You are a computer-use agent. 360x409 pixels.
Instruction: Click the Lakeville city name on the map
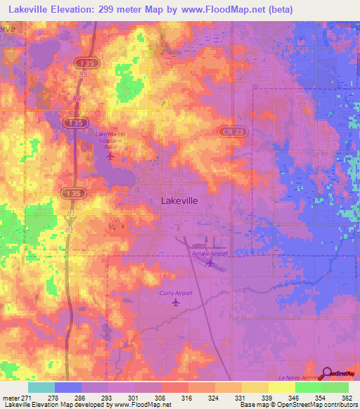179,200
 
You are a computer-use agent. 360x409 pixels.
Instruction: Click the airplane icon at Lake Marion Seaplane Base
110,155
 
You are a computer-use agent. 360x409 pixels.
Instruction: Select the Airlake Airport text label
210,254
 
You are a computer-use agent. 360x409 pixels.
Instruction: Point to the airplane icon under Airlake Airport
211,264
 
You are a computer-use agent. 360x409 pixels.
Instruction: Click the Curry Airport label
175,292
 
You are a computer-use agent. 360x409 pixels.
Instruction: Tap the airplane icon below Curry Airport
175,303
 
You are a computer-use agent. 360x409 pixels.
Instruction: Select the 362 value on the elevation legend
347,398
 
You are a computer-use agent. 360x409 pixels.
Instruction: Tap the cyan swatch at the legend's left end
41,387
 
